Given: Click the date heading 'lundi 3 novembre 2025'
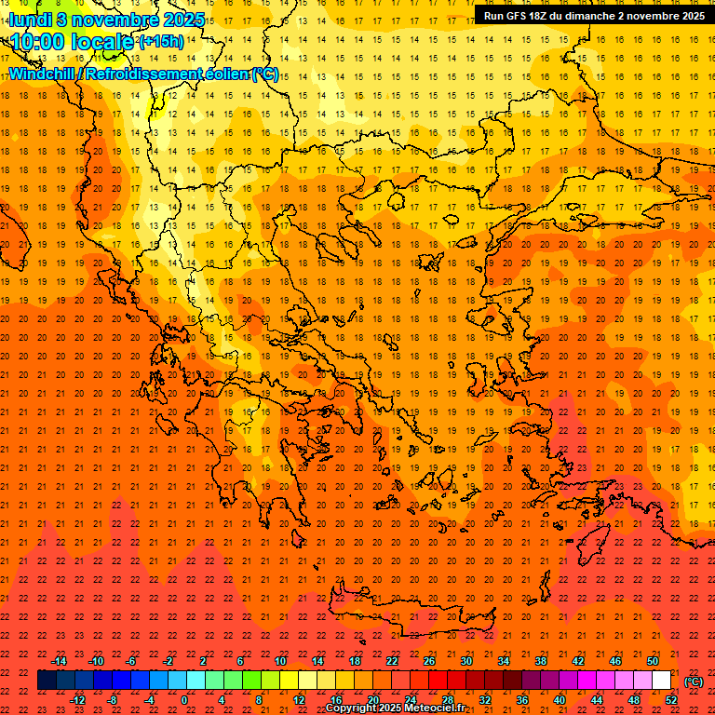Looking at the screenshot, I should tap(107, 19).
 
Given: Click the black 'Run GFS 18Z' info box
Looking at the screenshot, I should tap(593, 16).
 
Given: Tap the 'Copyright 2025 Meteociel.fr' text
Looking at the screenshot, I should tap(396, 708).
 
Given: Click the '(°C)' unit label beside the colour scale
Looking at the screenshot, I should tap(694, 681).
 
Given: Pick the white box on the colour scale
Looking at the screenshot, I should tap(662, 681).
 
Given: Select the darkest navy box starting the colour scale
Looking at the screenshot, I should tap(47, 681).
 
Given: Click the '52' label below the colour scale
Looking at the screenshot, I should tap(671, 700).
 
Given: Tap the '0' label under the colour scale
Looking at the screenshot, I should tap(185, 700).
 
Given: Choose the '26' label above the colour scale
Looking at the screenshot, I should tap(429, 661).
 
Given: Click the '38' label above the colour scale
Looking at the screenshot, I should tap(541, 661).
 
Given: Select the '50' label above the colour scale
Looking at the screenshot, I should tap(653, 661).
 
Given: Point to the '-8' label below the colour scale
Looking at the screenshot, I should tap(113, 700).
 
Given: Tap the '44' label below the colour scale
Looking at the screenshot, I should tap(597, 700).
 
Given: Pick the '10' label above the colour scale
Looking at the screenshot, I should tap(280, 661).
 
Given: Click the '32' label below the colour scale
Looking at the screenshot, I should tap(485, 700).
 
